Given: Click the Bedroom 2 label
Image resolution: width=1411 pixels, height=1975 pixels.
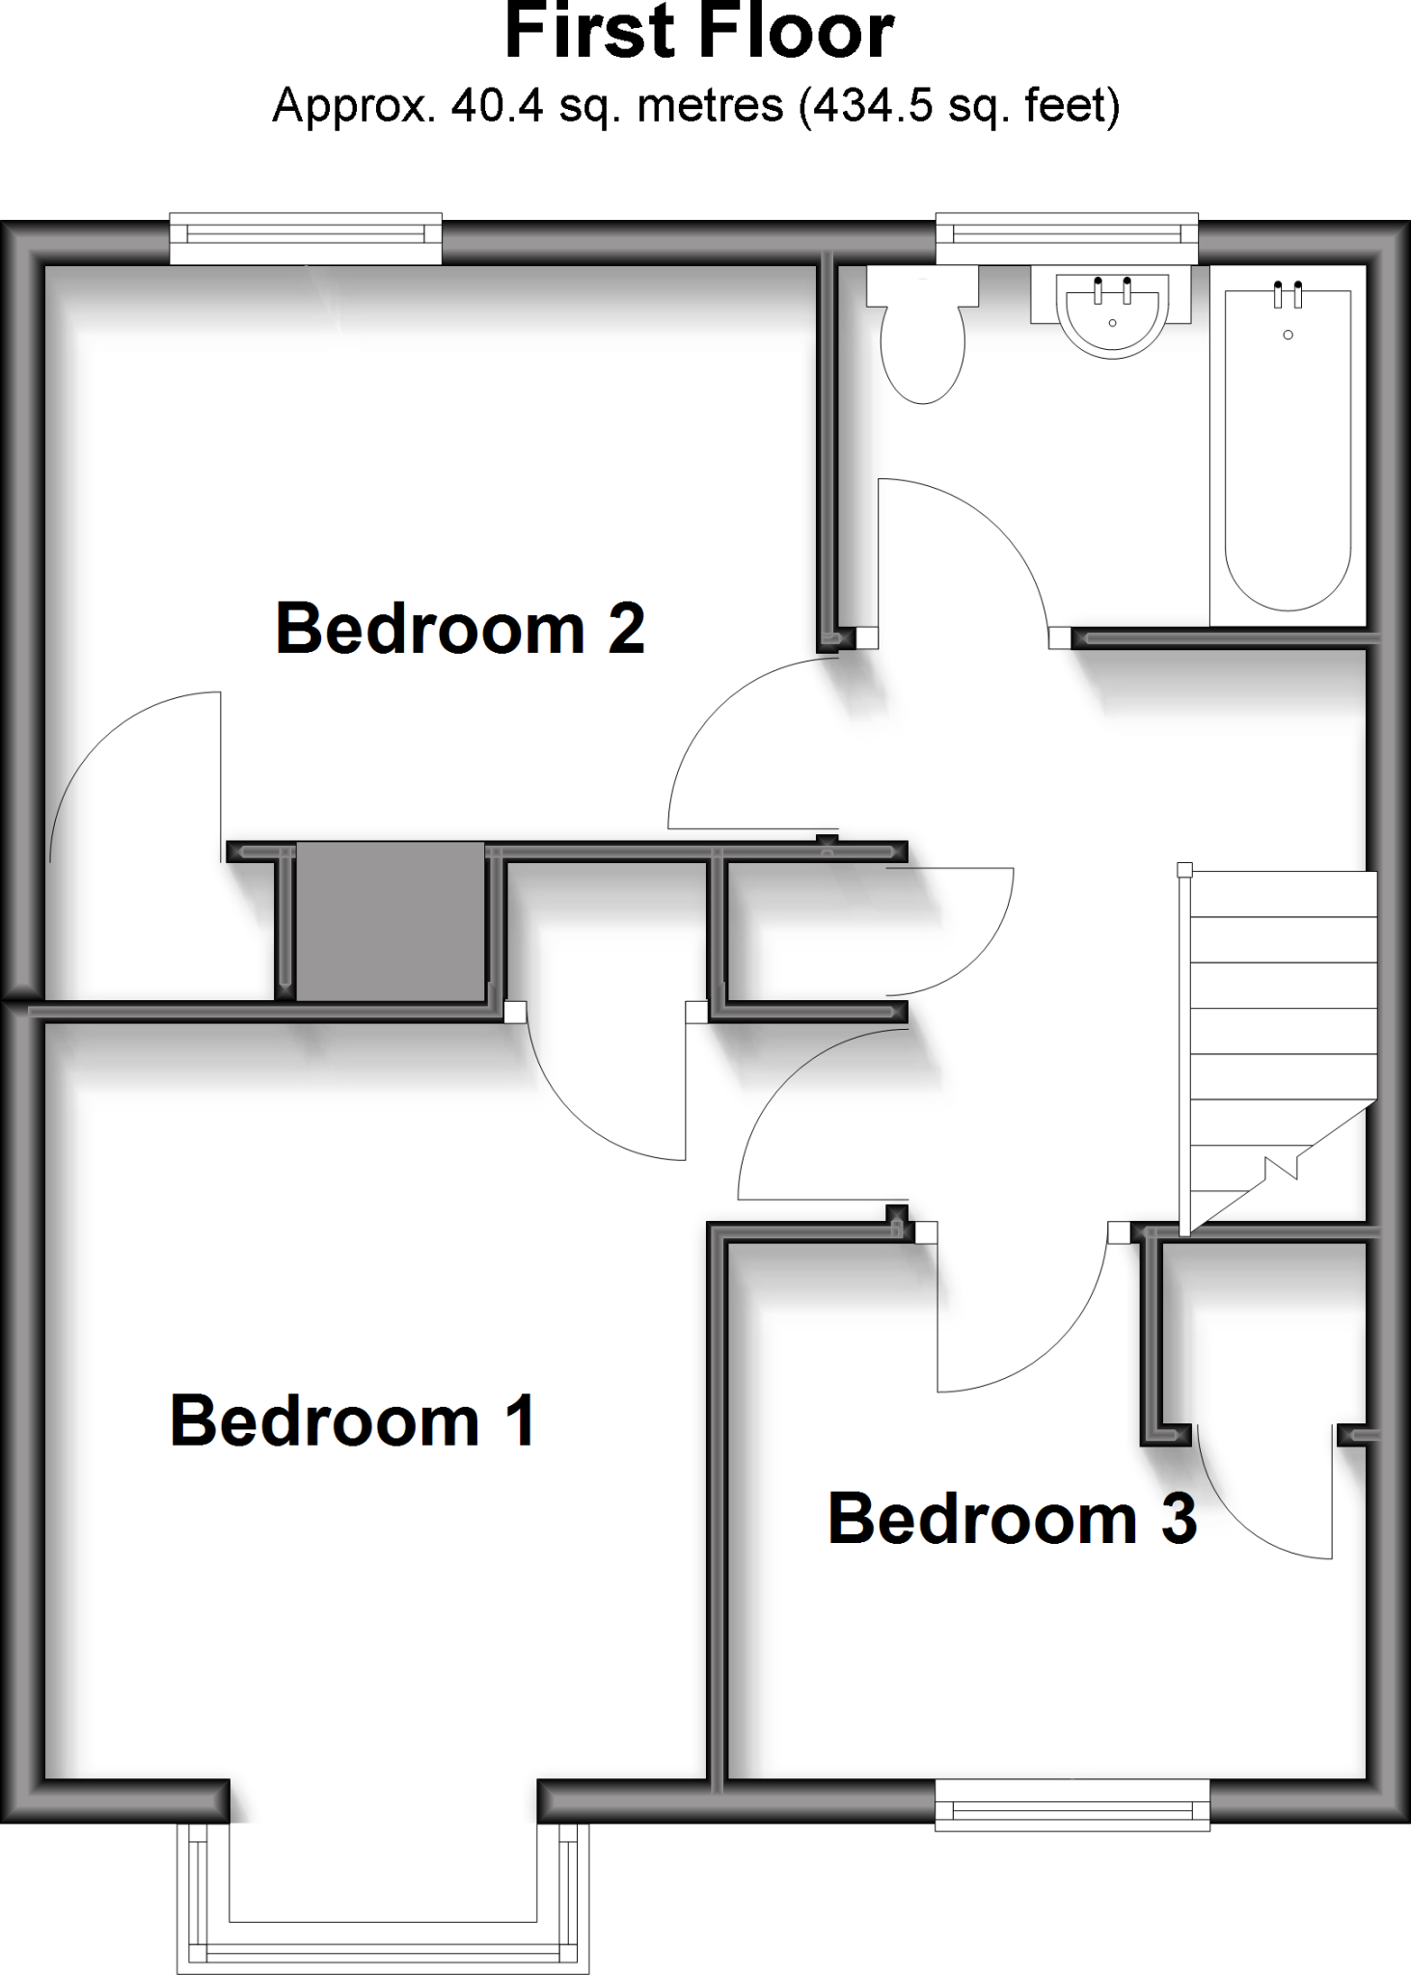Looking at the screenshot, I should [x=459, y=628].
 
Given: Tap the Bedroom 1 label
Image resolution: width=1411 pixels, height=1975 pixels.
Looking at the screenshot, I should [x=352, y=1420].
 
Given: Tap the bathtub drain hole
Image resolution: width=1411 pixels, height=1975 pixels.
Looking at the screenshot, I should [x=1288, y=335].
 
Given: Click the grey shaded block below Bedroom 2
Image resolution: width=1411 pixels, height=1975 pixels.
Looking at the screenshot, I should [x=390, y=921].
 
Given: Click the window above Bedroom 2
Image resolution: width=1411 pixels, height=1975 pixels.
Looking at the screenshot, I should [x=306, y=237].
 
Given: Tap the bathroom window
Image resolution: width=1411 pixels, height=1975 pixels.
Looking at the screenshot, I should [x=1067, y=237].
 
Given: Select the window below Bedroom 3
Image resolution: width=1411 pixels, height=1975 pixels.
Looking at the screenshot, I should [x=1072, y=1802].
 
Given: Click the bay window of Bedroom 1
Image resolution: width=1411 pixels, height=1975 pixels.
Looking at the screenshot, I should [x=383, y=1900].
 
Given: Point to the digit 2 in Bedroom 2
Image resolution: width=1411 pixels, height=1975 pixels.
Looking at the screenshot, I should [x=625, y=628].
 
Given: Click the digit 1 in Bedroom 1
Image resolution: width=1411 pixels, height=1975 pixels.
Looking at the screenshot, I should [x=520, y=1420].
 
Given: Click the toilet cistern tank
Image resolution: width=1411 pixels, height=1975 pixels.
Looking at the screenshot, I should [x=922, y=285].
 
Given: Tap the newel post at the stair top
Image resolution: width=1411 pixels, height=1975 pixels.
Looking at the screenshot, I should [x=1184, y=869].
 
